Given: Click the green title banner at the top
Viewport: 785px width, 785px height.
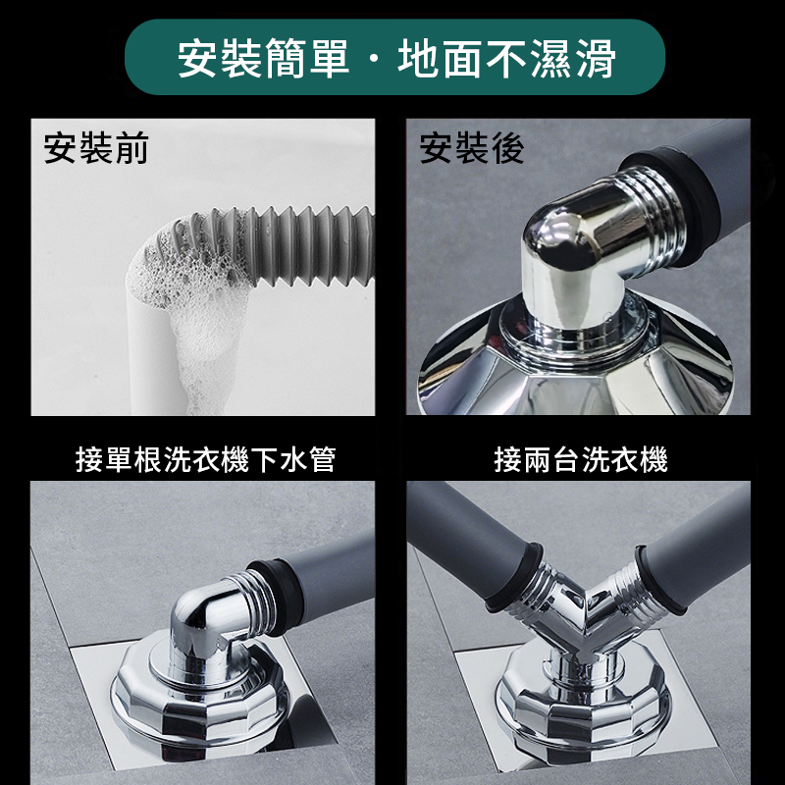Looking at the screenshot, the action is [394, 57].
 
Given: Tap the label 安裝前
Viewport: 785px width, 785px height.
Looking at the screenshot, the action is [96, 148].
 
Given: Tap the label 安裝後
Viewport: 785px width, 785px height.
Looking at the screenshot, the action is [472, 148].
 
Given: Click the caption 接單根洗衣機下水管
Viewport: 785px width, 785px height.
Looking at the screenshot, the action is [205, 459].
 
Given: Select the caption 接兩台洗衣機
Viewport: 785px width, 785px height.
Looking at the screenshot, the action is [581, 459].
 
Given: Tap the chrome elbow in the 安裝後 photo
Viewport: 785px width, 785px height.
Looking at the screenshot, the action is [601, 255].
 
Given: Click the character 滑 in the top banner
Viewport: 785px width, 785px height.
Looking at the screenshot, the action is [596, 58].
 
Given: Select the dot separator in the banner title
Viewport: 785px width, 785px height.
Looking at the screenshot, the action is [373, 58].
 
